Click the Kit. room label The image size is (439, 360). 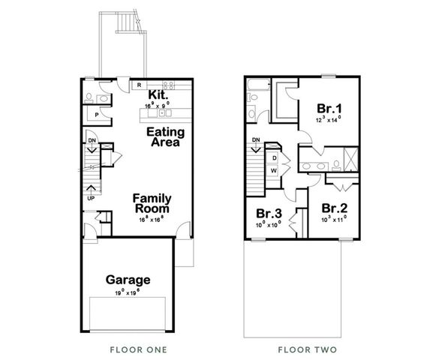click(x=157, y=95)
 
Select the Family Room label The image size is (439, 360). click(x=152, y=204)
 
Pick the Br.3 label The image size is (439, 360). click(x=269, y=212)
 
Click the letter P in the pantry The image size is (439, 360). click(x=98, y=115)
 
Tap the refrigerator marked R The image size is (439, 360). click(x=140, y=85)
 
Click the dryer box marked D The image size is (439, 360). click(x=274, y=158)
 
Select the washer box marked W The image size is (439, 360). click(x=274, y=170)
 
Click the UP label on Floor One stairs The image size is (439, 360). click(x=91, y=199)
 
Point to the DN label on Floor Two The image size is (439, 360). click(x=256, y=139)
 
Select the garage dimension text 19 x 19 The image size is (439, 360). click(x=127, y=292)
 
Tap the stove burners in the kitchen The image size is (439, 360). click(x=169, y=85)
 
